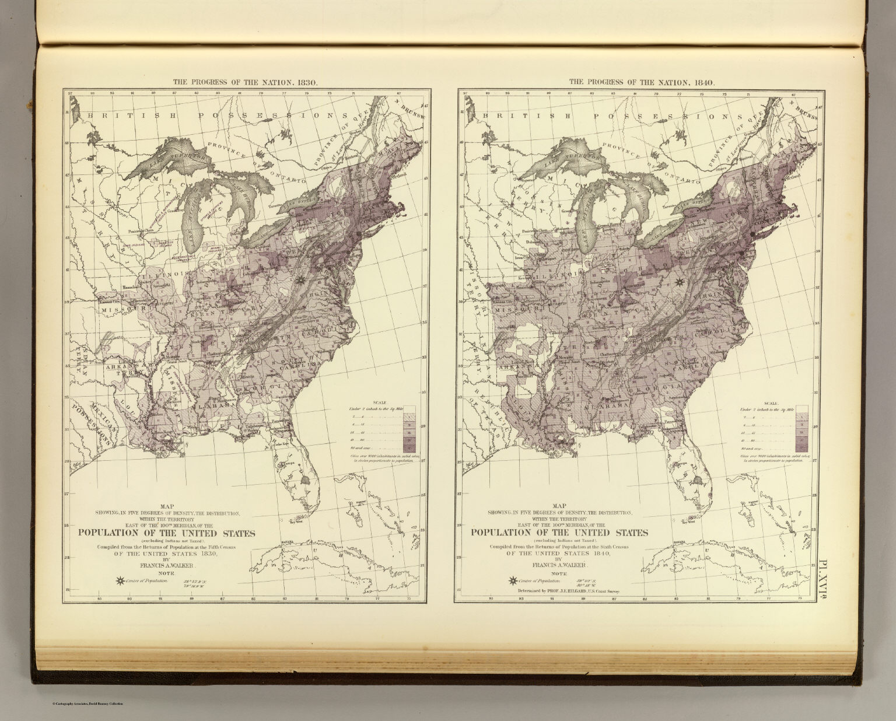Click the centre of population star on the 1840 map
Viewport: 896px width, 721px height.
678,282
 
